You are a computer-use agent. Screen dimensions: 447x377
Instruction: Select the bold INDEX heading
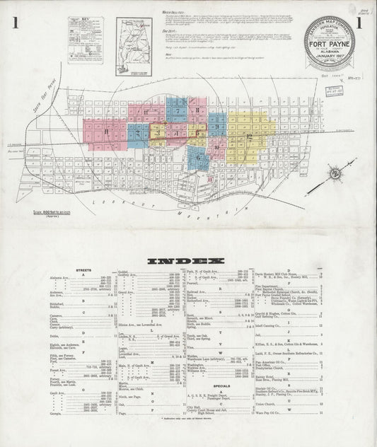coord(185,261)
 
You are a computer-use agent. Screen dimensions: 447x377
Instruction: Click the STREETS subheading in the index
coord(84,270)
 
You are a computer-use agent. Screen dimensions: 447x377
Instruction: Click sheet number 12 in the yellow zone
coord(249,134)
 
